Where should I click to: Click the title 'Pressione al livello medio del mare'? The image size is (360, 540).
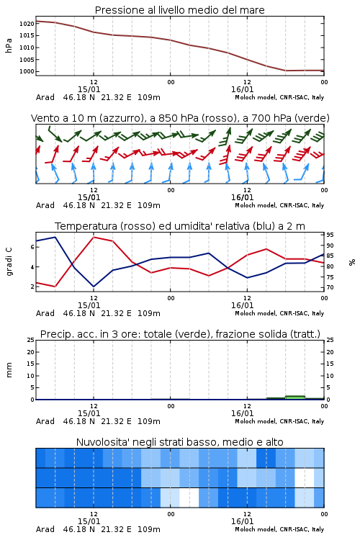(179, 10)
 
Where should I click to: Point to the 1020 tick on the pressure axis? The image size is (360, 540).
(27, 24)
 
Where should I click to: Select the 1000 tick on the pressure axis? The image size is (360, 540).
(27, 71)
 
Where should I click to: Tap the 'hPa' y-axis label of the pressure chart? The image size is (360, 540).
(9, 45)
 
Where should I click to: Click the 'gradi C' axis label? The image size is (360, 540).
(9, 262)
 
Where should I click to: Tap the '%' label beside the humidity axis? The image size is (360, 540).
(352, 262)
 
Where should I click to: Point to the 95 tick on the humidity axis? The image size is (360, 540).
(330, 235)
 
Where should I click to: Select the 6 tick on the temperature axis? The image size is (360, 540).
(32, 247)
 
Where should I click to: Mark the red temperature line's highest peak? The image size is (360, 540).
(94, 238)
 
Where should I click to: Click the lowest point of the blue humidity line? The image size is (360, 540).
(94, 287)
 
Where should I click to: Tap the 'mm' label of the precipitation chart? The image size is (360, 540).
(9, 370)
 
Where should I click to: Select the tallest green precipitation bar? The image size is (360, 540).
(295, 397)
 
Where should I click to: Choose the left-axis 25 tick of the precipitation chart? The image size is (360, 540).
(31, 340)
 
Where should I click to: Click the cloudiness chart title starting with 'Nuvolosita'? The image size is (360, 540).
(179, 442)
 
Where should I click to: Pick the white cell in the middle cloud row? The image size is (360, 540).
(305, 477)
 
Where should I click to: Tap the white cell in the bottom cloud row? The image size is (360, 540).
(189, 498)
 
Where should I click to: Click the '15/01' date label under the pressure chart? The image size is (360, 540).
(89, 89)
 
